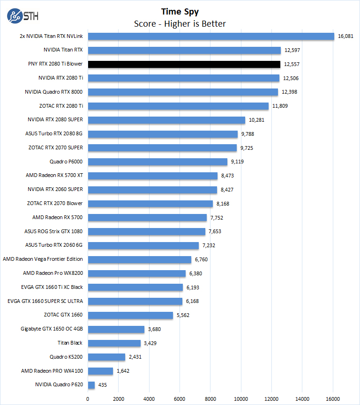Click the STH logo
tap(23, 15)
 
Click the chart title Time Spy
tap(180, 11)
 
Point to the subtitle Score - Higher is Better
tap(180, 23)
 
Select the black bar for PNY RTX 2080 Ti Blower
tap(184, 64)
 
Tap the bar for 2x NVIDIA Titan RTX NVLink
tap(211, 36)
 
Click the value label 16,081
tap(346, 36)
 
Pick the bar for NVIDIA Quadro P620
tap(91, 385)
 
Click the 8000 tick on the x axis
tap(210, 399)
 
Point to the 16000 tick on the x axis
tap(333, 399)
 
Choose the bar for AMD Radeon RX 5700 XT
tap(153, 176)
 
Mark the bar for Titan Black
tap(114, 343)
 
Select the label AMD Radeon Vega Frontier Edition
tap(43, 259)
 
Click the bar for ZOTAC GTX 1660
tap(130, 315)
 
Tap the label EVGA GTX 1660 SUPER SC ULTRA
tap(45, 301)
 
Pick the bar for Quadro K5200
tap(106, 357)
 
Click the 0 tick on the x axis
tap(88, 399)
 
